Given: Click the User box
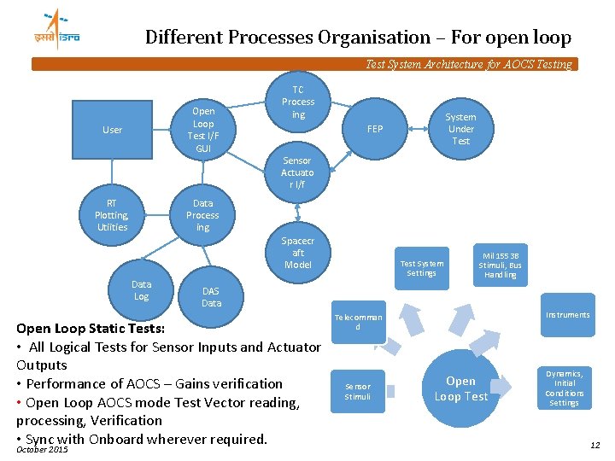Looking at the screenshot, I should click(x=113, y=130).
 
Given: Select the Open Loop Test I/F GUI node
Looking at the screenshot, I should click(x=203, y=130).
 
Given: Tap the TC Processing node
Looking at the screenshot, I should click(x=298, y=102).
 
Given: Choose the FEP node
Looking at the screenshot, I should click(x=375, y=130).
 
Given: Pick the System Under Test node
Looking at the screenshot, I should click(x=461, y=129).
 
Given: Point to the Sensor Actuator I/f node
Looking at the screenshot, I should click(x=297, y=172).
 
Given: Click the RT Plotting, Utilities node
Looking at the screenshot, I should click(x=112, y=215).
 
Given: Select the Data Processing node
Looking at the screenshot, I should click(x=203, y=215).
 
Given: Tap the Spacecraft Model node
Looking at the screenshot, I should click(x=297, y=253).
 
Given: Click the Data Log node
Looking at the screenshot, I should click(x=142, y=290).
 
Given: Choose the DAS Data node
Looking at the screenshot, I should click(x=211, y=297).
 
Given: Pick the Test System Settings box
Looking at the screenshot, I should click(x=422, y=268).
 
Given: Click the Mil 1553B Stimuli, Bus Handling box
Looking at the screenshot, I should click(x=500, y=265).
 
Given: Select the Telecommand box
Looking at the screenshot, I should click(x=359, y=322).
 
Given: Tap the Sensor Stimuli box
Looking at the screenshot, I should click(x=358, y=392).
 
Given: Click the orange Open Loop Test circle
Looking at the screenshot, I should click(x=461, y=388).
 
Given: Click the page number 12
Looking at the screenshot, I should click(x=594, y=445).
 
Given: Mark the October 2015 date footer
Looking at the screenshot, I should click(x=42, y=450).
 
